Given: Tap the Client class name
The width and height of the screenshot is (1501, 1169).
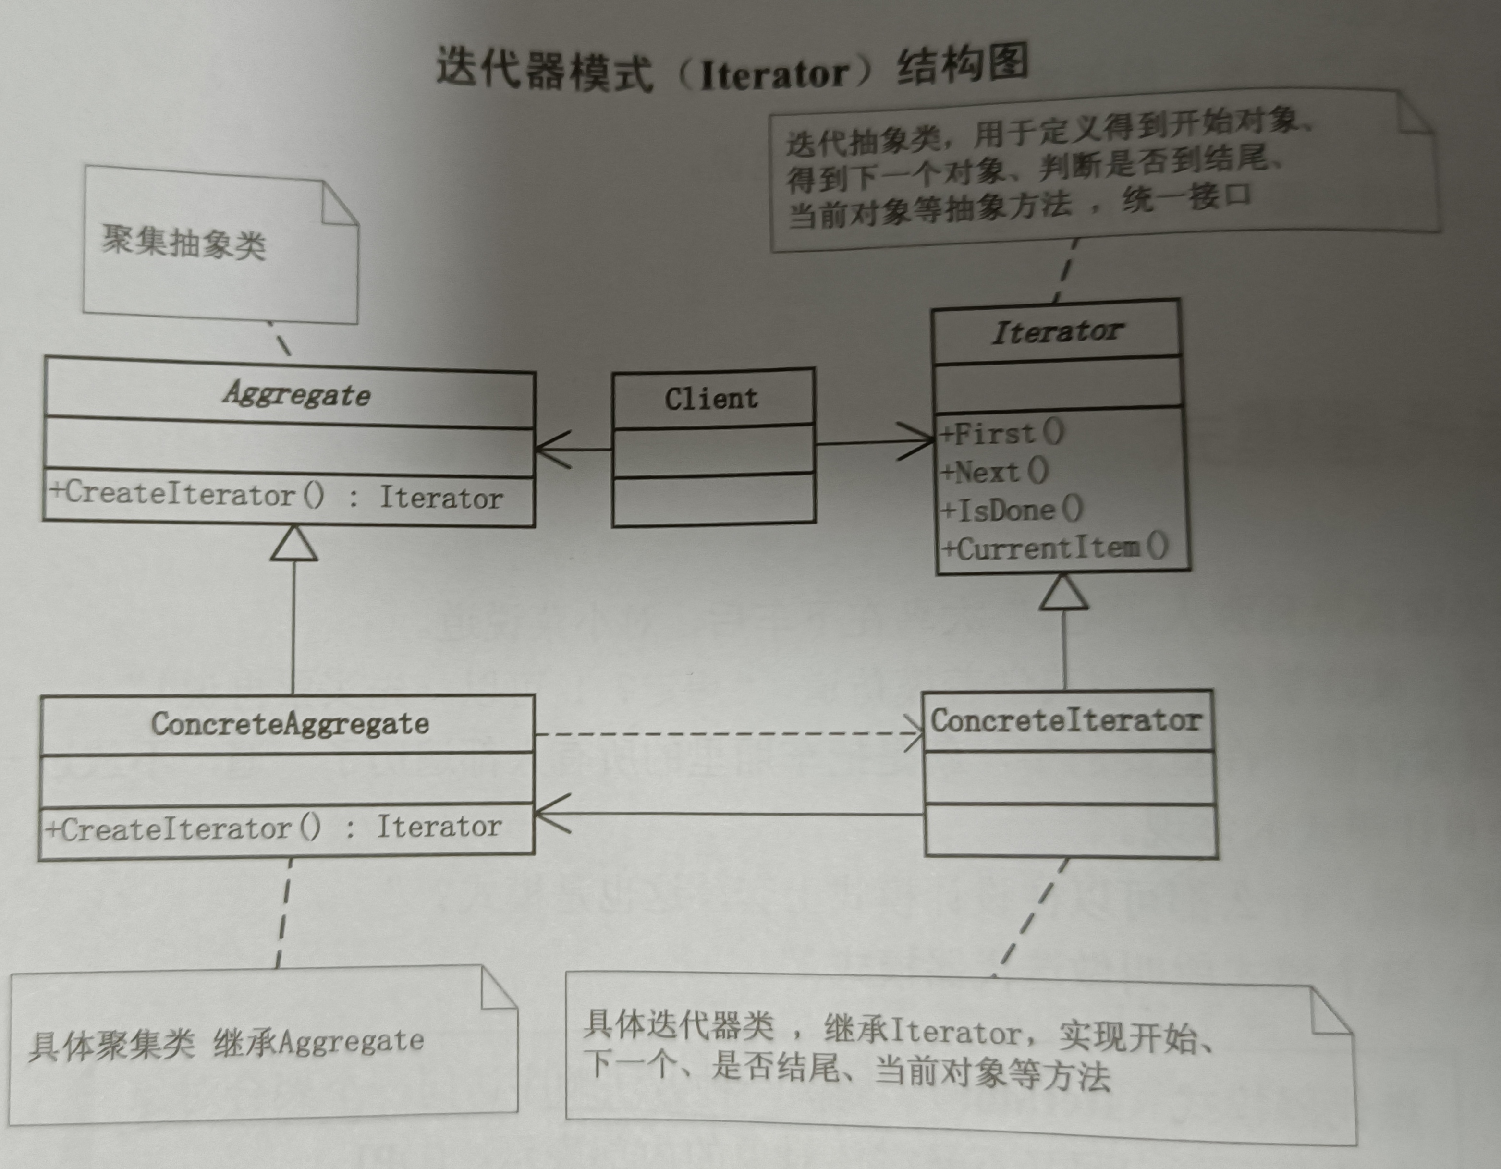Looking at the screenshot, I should point(711,399).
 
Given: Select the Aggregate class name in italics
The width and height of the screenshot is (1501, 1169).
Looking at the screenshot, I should point(297,394).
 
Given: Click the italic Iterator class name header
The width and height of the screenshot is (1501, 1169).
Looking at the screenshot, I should point(1057,332).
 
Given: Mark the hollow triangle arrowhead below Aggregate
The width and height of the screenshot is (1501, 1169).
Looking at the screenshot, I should point(294,544).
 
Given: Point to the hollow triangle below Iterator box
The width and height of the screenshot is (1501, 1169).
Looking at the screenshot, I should point(1064,592).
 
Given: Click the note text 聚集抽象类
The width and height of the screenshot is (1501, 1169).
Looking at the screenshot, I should point(184,242).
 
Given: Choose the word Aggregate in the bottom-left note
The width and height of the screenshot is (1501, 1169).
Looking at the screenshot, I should point(351,1041).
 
